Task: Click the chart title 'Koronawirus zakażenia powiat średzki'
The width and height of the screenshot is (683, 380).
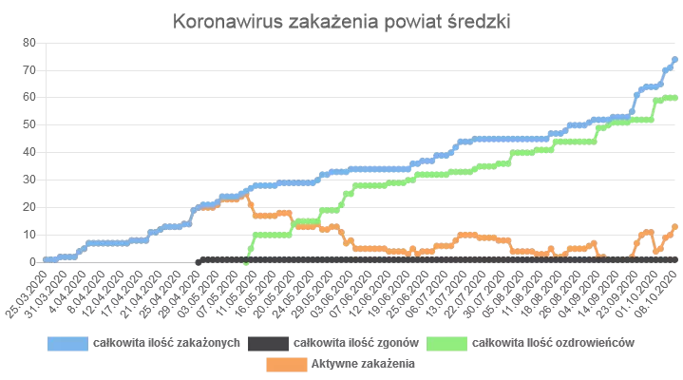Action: [x=342, y=22]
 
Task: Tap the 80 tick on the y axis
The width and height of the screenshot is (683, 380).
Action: [x=29, y=42]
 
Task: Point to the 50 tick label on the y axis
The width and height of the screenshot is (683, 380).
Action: [x=29, y=124]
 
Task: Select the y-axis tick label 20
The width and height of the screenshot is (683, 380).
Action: [x=29, y=206]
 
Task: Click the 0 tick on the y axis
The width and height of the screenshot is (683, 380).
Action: [x=32, y=261]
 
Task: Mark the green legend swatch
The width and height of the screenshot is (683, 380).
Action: [x=445, y=341]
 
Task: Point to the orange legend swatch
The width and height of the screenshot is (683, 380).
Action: [x=283, y=362]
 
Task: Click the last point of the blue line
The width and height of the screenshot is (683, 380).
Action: [x=674, y=59]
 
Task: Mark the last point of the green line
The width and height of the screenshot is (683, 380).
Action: [x=674, y=98]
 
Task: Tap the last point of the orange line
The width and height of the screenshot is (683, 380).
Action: [x=674, y=226]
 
